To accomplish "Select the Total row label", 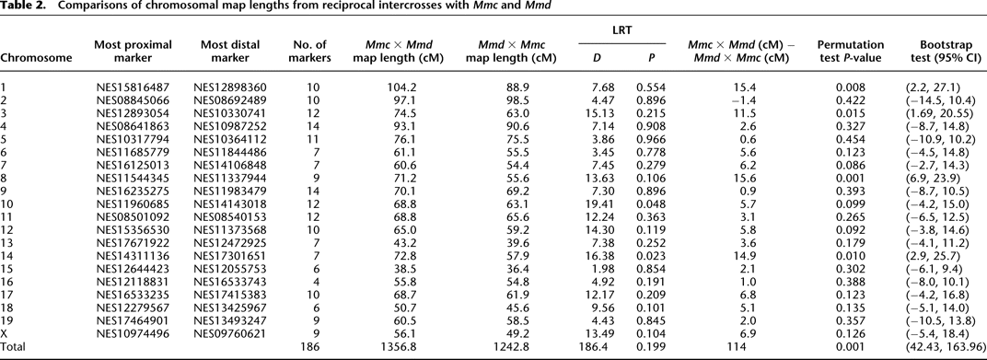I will click(x=16, y=349).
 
